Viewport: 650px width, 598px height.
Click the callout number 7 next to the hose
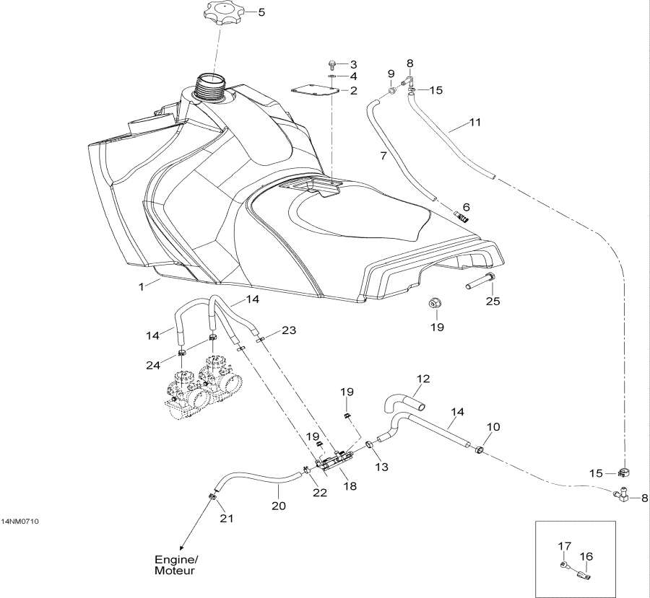point(384,155)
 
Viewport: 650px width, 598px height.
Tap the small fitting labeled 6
point(463,214)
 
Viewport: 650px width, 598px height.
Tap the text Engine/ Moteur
point(175,566)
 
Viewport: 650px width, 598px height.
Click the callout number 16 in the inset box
point(586,556)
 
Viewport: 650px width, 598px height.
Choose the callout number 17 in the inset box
point(563,546)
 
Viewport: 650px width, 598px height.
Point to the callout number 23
point(289,330)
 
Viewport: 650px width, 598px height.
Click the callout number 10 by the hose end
point(492,428)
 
